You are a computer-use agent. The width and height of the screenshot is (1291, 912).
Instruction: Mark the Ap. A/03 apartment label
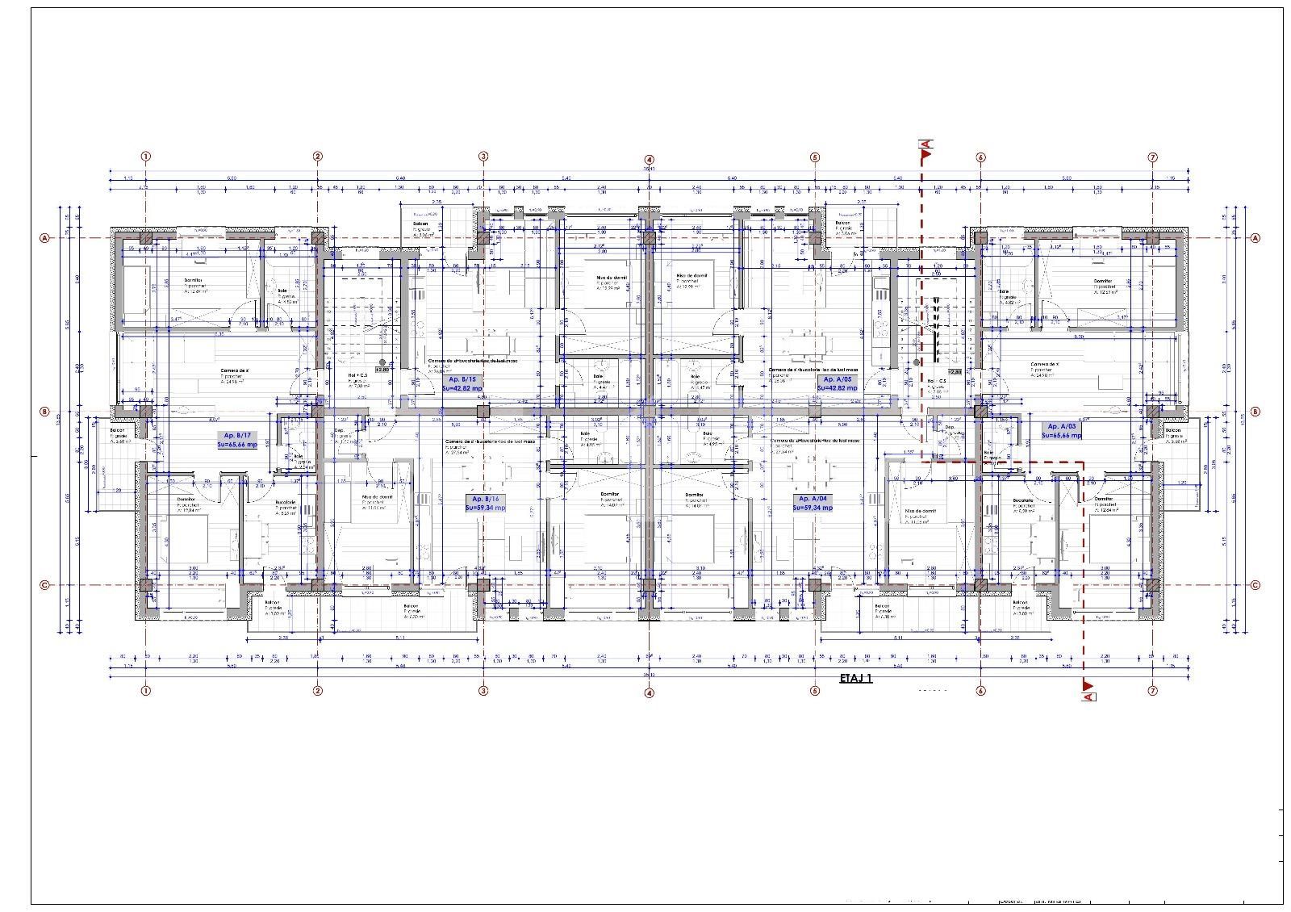point(1061,430)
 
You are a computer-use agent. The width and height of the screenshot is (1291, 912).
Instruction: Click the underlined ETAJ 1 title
point(855,679)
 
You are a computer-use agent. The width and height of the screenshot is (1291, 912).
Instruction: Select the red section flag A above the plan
point(925,145)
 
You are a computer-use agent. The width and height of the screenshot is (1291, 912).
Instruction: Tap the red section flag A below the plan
point(1088,690)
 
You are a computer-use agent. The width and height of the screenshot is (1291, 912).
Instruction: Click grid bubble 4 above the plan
point(649,160)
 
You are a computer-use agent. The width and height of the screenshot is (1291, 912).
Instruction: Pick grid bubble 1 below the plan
point(146,691)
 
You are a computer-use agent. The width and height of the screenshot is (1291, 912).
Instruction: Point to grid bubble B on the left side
point(45,412)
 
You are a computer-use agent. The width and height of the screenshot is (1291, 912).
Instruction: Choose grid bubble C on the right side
point(1255,586)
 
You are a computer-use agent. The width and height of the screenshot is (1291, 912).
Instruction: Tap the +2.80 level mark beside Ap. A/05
point(955,372)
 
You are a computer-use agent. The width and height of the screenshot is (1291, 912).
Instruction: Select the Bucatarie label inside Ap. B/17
point(288,502)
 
